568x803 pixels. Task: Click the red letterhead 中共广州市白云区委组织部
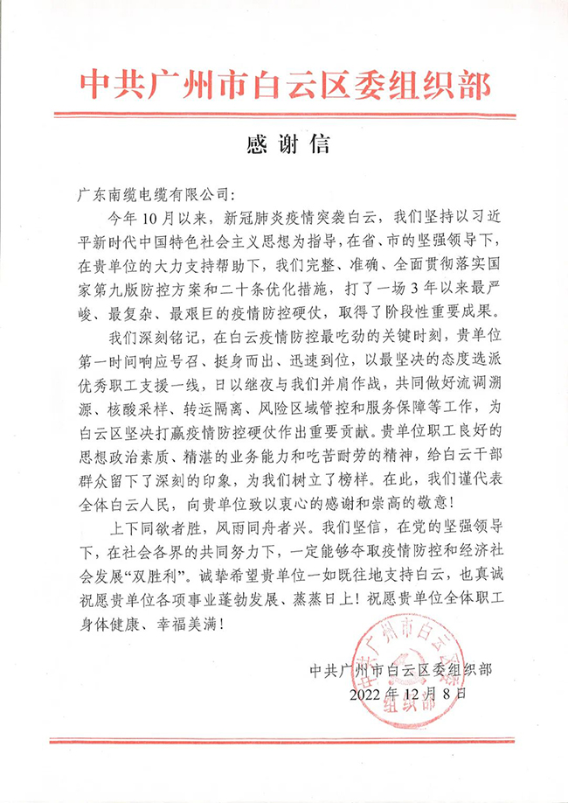pyautogui.click(x=284, y=85)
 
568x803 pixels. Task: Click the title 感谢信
pyautogui.click(x=284, y=141)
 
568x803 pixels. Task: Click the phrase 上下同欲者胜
pyautogui.click(x=158, y=528)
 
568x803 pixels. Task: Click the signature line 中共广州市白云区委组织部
pyautogui.click(x=403, y=670)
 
